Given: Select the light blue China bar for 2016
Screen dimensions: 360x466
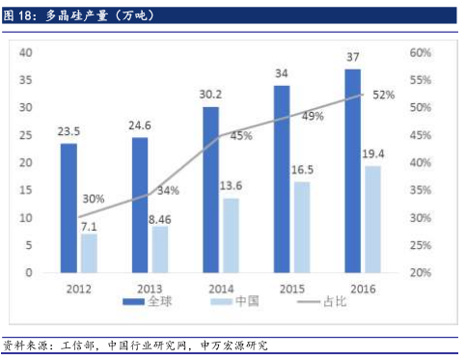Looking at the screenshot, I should click(x=371, y=219).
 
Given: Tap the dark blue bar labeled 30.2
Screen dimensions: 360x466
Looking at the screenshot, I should click(x=210, y=189).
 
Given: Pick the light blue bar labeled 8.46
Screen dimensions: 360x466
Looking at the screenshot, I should click(x=159, y=249).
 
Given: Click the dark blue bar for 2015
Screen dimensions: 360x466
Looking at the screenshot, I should click(x=283, y=179).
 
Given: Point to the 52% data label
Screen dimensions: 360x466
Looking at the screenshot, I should click(x=383, y=95).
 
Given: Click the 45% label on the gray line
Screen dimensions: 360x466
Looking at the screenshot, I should click(x=240, y=136).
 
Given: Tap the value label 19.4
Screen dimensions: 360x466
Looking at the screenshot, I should click(x=372, y=154).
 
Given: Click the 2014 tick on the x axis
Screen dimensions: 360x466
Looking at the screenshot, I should click(x=220, y=288).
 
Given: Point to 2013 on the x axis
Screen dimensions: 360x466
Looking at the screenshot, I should click(x=149, y=288).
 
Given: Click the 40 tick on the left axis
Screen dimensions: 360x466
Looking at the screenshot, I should click(x=26, y=52).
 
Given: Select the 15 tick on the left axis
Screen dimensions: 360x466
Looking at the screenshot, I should click(x=27, y=190).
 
